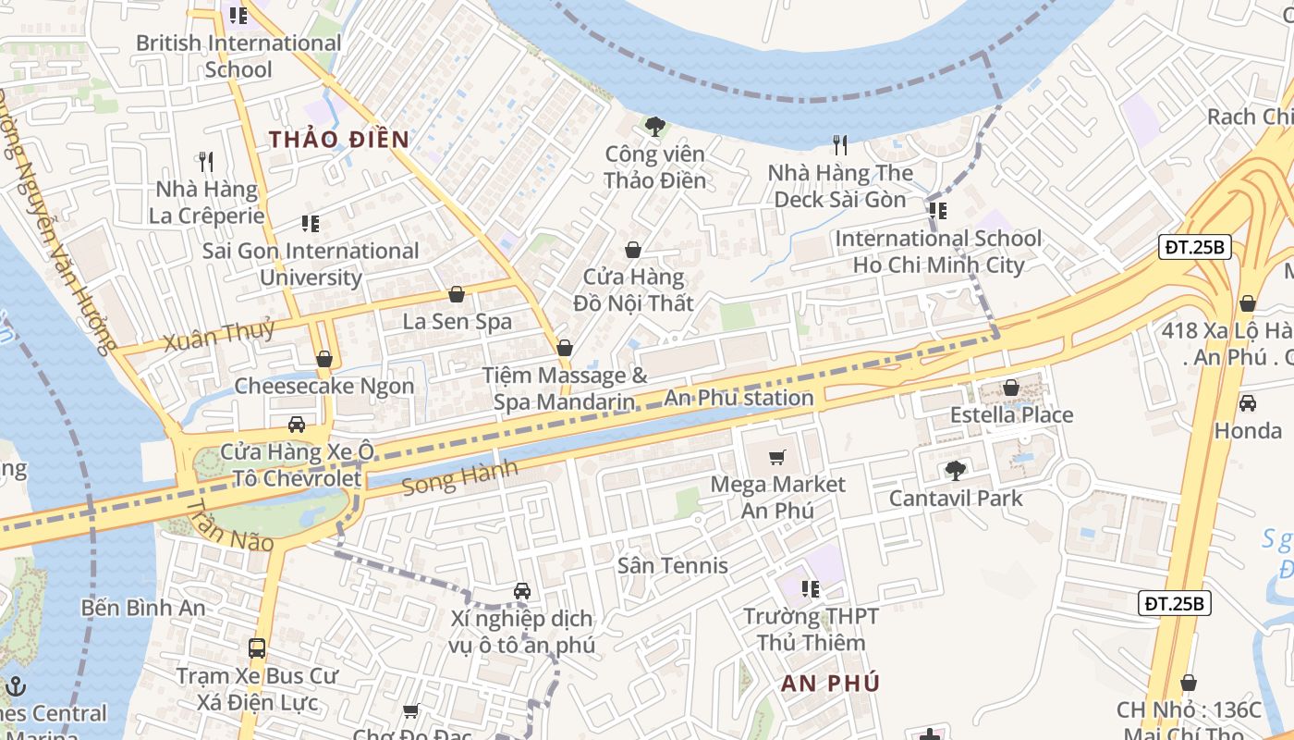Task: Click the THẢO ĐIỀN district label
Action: coord(338,140)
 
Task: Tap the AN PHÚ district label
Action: coord(830,684)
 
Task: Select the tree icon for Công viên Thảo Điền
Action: coord(655,125)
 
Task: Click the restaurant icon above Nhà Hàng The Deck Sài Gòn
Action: coord(840,144)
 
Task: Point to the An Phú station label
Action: coord(739,399)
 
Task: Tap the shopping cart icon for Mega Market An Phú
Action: coord(777,457)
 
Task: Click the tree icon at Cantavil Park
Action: coord(955,471)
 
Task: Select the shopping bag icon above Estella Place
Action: coord(1011,388)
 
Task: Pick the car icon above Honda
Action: coord(1247,403)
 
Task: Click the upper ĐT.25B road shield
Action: coord(1195,247)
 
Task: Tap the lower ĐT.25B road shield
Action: coord(1174,603)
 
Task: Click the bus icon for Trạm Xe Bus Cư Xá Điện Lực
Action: coord(257,648)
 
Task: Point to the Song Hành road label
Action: coord(460,478)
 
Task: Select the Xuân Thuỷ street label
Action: coord(219,335)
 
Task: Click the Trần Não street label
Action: coord(231,525)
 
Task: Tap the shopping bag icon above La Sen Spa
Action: coord(457,295)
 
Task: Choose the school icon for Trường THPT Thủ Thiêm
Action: coord(811,589)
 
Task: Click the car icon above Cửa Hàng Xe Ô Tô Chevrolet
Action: coord(297,425)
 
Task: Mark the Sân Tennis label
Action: coord(672,565)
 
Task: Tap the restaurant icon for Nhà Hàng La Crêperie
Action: coord(206,162)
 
